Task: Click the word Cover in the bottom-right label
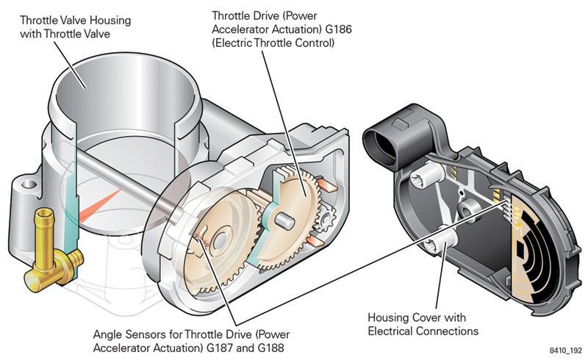point(424,317)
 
